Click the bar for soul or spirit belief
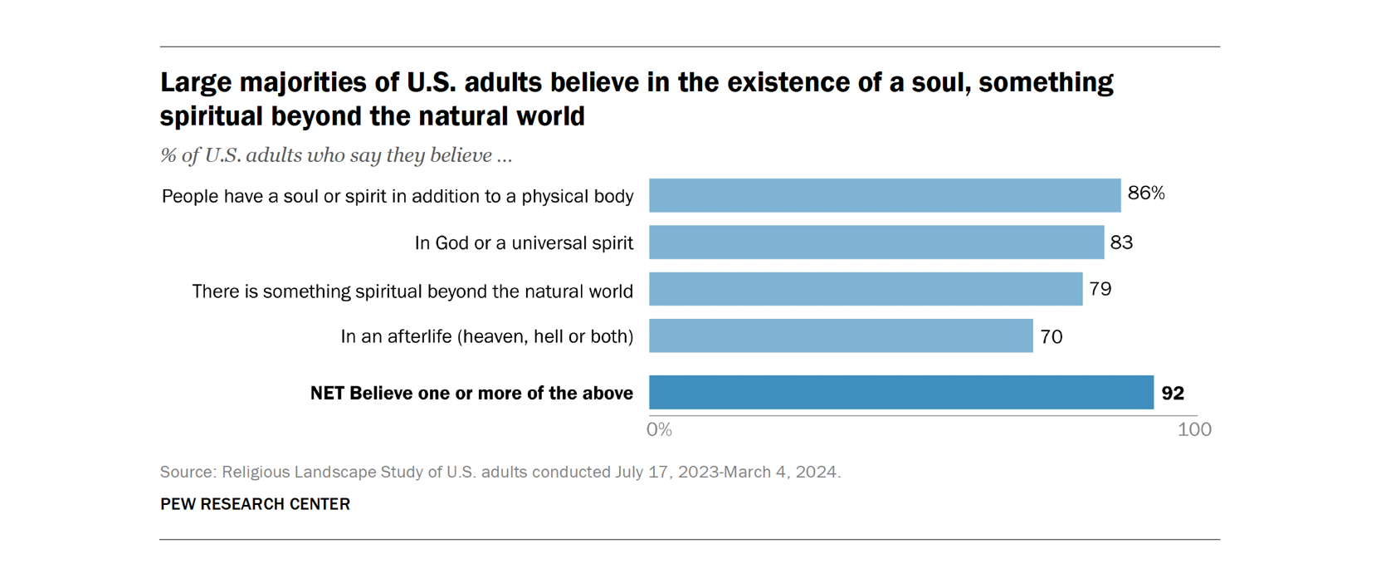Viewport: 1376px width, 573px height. [884, 195]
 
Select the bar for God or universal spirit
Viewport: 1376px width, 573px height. [876, 242]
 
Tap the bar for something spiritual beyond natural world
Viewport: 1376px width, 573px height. [865, 289]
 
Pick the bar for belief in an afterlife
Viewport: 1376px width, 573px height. [840, 336]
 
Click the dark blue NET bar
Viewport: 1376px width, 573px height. [900, 393]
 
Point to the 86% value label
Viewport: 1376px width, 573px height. [1145, 193]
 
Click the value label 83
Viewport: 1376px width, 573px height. [1121, 242]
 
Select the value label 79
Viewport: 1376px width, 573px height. [1100, 289]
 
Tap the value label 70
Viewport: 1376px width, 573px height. [1051, 336]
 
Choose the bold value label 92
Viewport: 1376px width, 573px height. [1172, 393]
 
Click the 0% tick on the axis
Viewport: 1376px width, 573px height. [659, 429]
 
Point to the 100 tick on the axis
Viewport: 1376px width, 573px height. [1194, 429]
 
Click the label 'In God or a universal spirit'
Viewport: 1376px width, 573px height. [524, 243]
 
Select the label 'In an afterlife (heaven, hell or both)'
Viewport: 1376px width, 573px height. [486, 336]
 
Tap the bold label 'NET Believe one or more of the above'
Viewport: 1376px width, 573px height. [471, 394]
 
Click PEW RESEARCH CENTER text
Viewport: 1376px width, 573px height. [255, 504]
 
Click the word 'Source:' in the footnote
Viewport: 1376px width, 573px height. [188, 473]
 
